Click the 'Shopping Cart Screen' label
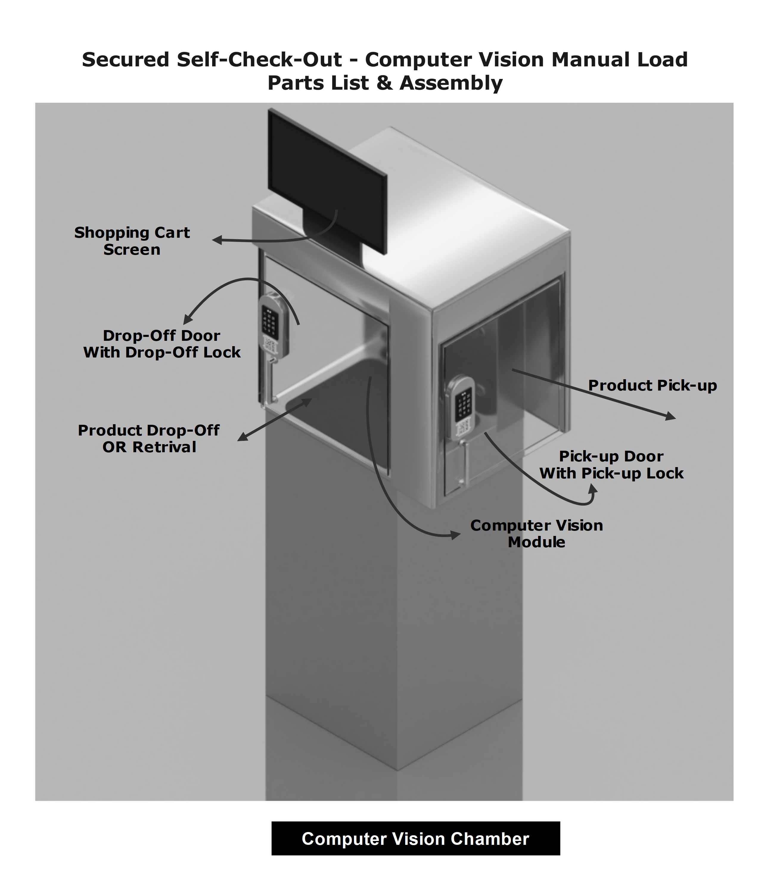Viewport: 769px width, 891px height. point(132,241)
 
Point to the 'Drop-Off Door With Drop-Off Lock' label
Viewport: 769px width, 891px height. point(162,344)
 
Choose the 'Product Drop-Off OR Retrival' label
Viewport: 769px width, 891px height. point(149,438)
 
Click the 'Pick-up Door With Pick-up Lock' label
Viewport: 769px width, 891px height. point(611,465)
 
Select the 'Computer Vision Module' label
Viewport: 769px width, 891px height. point(536,534)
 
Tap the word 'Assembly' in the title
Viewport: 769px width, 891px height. point(451,83)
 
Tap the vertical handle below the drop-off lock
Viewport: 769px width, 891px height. point(269,381)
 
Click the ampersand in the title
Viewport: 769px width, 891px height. point(384,83)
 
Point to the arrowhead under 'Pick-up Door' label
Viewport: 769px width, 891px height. point(593,489)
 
